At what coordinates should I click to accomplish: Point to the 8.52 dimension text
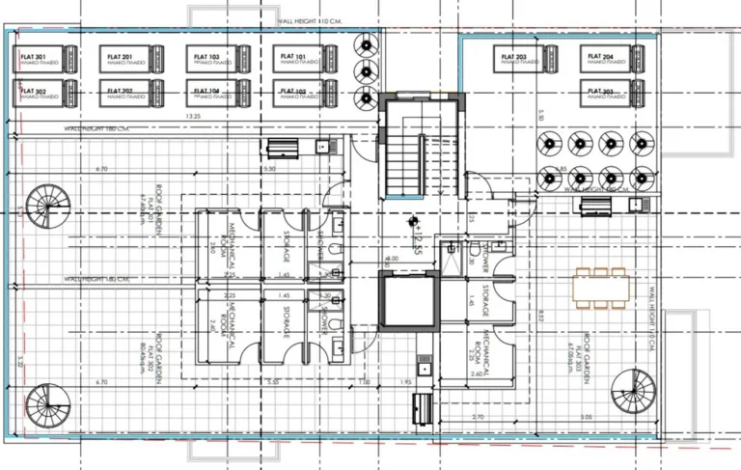point(542,315)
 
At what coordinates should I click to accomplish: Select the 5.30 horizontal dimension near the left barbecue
point(269,169)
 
